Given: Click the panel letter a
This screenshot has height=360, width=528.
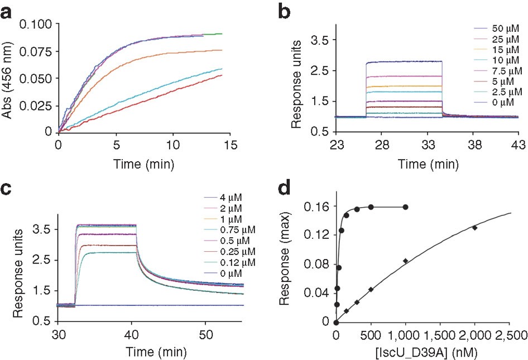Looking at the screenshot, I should click(x=8, y=12).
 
